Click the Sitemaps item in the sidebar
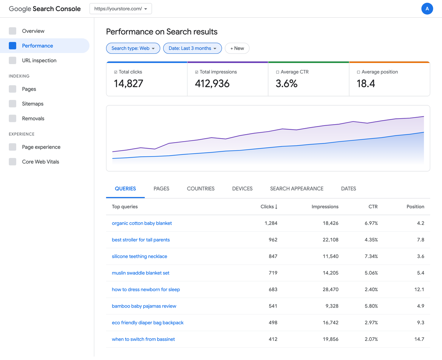pos(32,104)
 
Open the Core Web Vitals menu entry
pos(40,162)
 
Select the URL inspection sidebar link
pos(39,60)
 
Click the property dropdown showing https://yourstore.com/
pos(120,9)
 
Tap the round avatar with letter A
pos(427,8)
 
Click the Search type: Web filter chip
pos(133,48)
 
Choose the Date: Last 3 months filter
pos(192,48)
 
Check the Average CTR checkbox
pos(278,72)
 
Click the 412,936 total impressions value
pos(212,84)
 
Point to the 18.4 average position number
pos(366,84)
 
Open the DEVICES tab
pos(242,189)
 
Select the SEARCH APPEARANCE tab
pos(297,189)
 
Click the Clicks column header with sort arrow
pos(269,207)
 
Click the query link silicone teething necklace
pos(139,256)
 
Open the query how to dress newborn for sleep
pos(146,290)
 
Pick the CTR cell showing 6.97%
pos(371,223)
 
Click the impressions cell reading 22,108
pos(330,240)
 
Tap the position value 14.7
pos(419,339)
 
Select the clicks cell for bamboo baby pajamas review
pos(273,306)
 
